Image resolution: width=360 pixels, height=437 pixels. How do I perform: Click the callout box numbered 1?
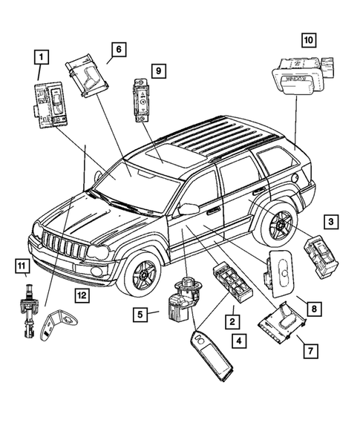click(x=42, y=55)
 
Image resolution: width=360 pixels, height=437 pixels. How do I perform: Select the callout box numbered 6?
click(x=117, y=50)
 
